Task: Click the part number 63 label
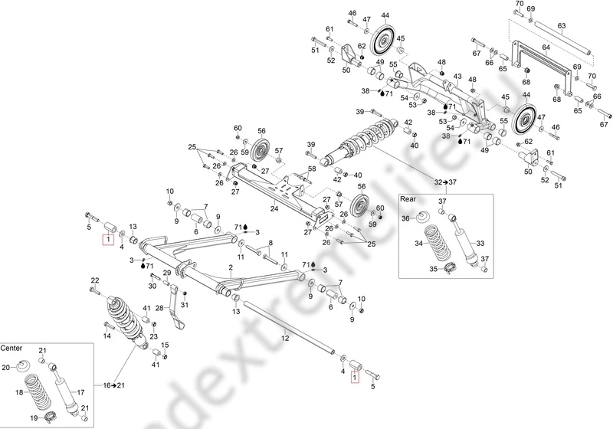[561, 26]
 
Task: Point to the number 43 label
[457, 77]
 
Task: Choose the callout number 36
[406, 218]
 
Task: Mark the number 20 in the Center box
[5, 368]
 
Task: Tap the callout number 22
[95, 280]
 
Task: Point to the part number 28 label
[160, 307]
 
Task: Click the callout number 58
[312, 169]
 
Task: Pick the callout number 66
[597, 97]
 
